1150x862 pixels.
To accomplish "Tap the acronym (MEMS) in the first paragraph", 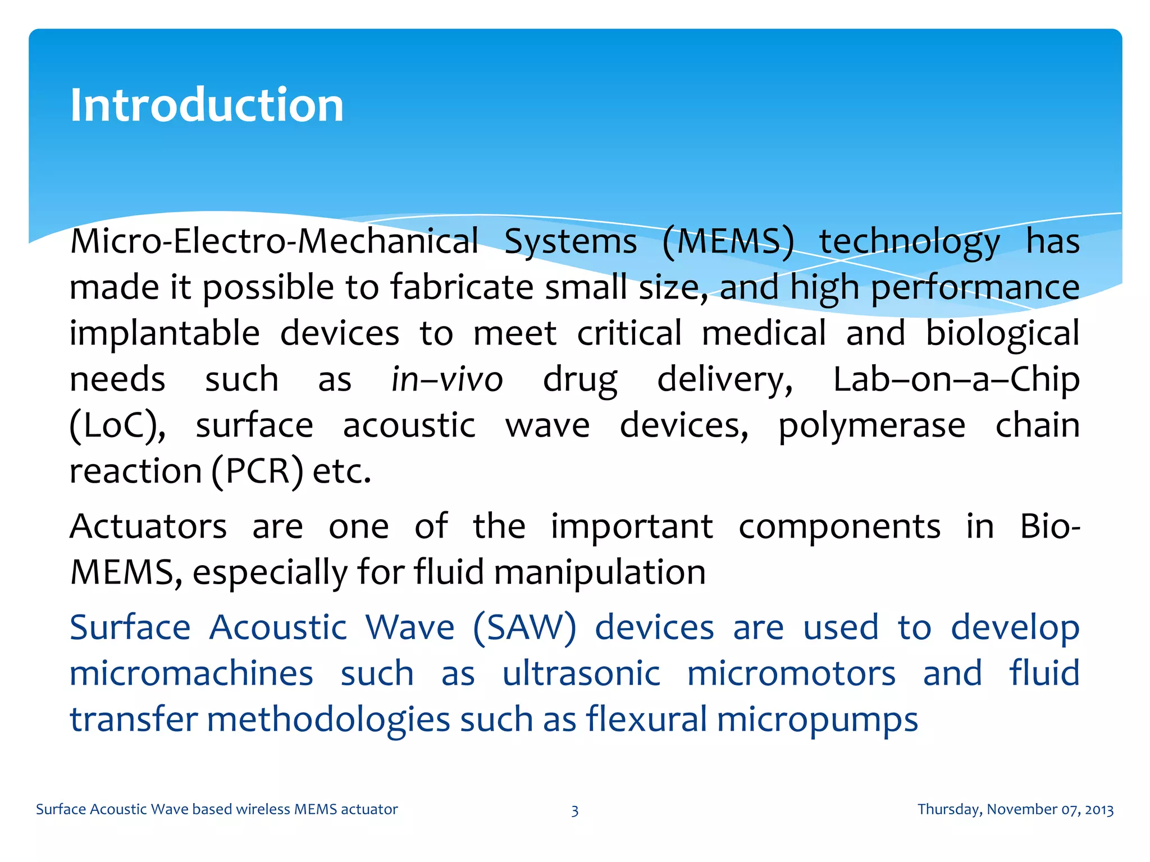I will [728, 242].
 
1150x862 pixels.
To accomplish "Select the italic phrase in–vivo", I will [447, 379].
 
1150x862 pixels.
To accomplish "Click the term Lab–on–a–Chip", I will [956, 379].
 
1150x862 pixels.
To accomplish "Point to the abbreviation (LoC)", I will [117, 425].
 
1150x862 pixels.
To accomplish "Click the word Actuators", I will [148, 526].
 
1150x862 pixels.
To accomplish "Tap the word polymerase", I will [871, 425].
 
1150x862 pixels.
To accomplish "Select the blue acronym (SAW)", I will [524, 627].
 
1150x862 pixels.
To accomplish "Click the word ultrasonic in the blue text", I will [581, 673].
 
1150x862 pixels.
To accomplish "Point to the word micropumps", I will [818, 719].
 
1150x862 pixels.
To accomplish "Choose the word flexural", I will [646, 719].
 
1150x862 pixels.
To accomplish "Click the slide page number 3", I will [574, 810].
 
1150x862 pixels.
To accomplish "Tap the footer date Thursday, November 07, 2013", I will [1015, 809].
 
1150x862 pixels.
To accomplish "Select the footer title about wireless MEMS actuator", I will [217, 809].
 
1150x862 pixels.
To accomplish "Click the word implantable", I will [165, 333].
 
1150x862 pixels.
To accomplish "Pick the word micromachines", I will [191, 673].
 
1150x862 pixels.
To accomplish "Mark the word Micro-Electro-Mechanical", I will [274, 242].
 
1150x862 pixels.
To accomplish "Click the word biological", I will [1002, 333].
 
